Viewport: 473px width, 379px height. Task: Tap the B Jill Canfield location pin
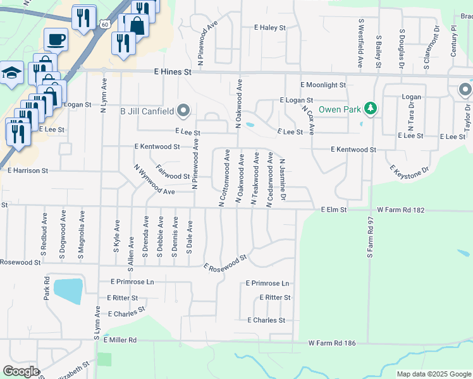(183, 111)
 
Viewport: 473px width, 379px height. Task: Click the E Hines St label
(173, 73)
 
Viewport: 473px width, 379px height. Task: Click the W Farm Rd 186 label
(333, 343)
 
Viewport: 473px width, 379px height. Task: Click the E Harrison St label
(28, 171)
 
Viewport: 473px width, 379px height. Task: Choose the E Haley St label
(270, 28)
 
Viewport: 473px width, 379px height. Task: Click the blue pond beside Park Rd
(68, 291)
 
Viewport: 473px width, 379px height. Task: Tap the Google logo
(21, 371)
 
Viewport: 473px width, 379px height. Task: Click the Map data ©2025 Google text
(433, 374)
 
